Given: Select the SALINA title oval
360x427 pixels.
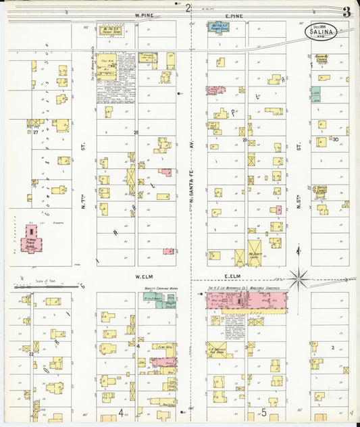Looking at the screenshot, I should point(322,31).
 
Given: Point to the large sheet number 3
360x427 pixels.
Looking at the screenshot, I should point(346,11).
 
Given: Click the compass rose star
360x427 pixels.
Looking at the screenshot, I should point(299,278).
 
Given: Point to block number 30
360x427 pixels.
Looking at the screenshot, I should point(335,139).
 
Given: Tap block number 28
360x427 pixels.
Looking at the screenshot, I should point(136,132).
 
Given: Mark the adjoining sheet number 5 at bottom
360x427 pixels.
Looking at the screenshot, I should point(265,412).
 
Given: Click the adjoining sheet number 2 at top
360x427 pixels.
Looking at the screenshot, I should point(188,7).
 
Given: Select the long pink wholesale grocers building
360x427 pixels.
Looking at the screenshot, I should point(247,302).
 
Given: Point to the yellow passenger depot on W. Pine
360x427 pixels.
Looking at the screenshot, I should point(111,30).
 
